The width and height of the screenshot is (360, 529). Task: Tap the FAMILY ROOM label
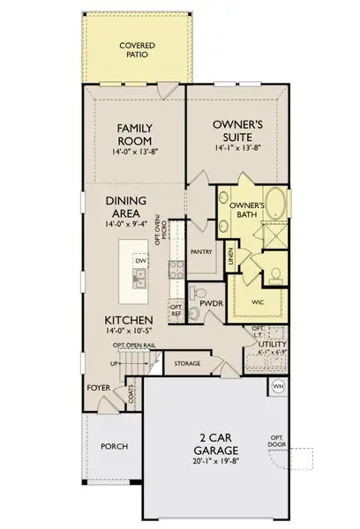[137, 134]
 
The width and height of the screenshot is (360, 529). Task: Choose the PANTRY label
[202, 252]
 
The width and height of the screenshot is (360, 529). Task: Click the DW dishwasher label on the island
[139, 261]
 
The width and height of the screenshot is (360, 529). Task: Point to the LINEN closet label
[230, 257]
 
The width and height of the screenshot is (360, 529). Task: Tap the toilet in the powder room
[199, 293]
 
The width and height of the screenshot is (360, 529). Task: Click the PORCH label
[115, 446]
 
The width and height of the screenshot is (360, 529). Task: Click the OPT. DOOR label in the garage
[276, 441]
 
